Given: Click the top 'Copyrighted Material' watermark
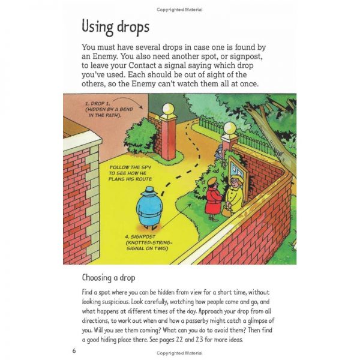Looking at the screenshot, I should coord(179,10).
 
